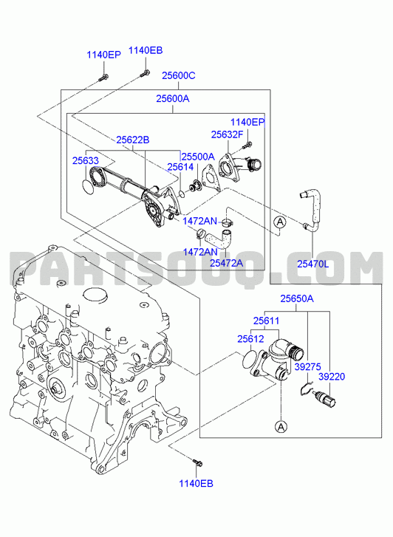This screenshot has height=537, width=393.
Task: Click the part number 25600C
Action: [x=179, y=75]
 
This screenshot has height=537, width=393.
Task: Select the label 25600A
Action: [x=173, y=99]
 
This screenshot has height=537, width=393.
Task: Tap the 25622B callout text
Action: [x=132, y=140]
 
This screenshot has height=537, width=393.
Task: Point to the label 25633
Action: [x=85, y=160]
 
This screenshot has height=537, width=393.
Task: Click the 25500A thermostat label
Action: [x=198, y=157]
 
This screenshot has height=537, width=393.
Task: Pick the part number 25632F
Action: [x=227, y=134]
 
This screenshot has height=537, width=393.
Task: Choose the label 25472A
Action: [x=226, y=263]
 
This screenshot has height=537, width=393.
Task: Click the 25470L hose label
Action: [x=312, y=264]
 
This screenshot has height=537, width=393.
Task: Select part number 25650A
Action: [x=297, y=298]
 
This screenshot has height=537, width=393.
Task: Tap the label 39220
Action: [x=332, y=377]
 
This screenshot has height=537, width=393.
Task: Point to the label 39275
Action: [x=308, y=367]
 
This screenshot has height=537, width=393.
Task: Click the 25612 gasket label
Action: [x=251, y=339]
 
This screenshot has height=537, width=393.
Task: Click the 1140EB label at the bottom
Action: [x=196, y=484]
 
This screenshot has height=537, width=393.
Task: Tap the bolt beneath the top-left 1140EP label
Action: [x=103, y=78]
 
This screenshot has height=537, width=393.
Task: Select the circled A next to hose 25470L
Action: [x=280, y=222]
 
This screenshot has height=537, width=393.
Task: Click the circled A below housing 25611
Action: [x=281, y=426]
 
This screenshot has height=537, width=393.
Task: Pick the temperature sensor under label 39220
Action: [x=327, y=400]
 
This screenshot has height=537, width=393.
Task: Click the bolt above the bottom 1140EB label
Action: [x=197, y=462]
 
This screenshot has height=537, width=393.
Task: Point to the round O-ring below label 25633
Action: [x=88, y=185]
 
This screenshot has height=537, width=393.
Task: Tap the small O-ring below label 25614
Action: [x=182, y=194]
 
